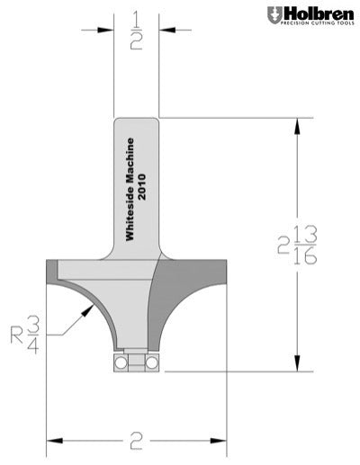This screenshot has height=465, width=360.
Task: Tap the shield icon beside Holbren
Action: [274, 15]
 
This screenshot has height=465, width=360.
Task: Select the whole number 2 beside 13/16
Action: [284, 245]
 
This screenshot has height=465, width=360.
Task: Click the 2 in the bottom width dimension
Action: [137, 442]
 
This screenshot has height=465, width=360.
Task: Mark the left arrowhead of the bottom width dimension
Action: [52, 442]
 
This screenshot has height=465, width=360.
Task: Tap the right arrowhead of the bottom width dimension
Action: [221, 442]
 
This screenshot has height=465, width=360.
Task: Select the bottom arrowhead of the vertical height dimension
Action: [297, 363]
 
